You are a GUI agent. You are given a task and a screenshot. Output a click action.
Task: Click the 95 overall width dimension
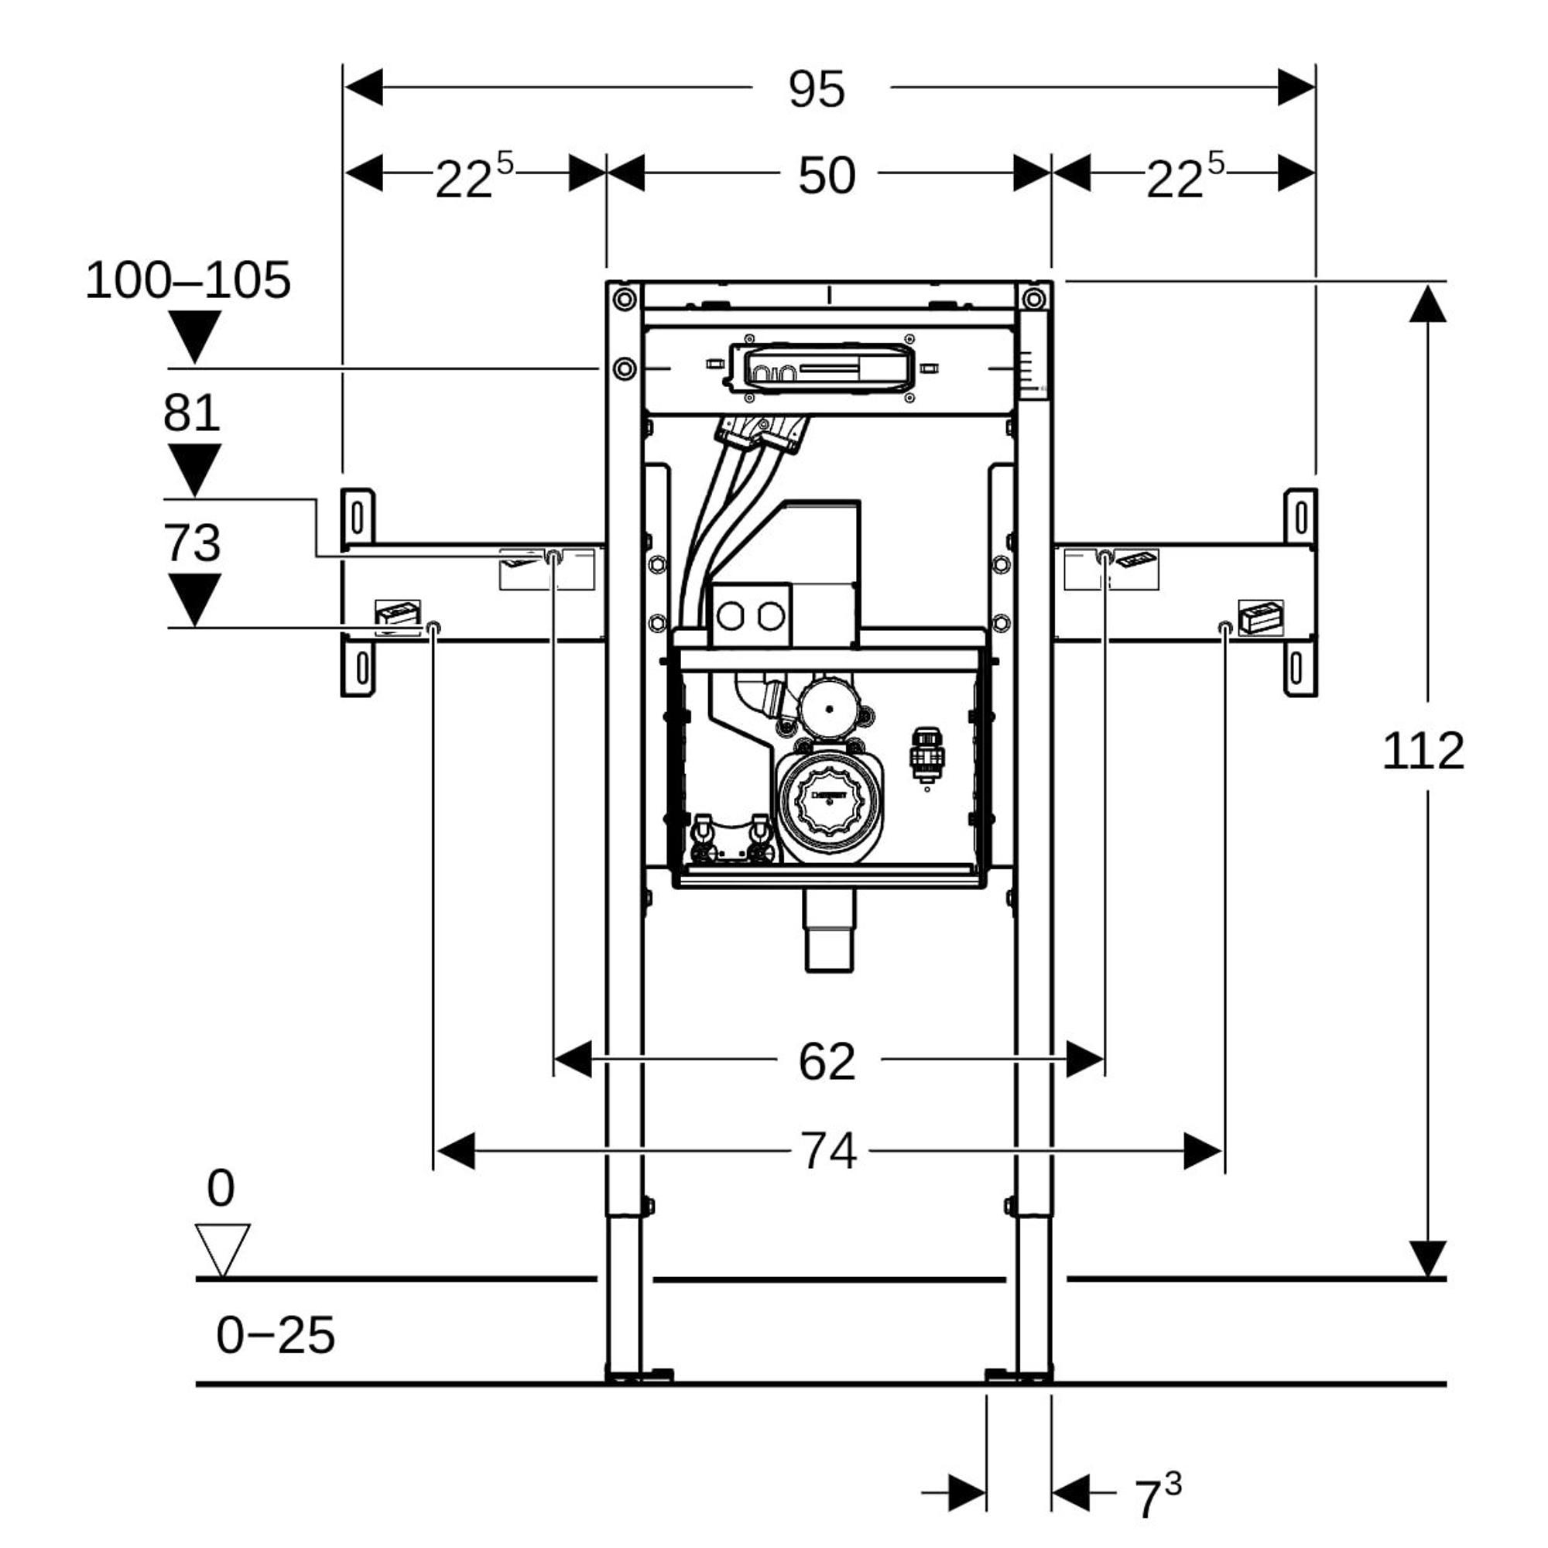coord(817,89)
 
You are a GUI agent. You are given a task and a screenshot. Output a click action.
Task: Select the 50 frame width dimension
coord(827,176)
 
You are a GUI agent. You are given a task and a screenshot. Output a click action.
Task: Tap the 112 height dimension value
coord(1423,752)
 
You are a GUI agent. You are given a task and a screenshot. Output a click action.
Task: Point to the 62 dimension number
coord(827,1062)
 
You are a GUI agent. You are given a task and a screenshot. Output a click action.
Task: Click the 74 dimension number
coord(828,1152)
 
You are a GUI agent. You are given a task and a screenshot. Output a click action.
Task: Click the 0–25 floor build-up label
coord(275,1336)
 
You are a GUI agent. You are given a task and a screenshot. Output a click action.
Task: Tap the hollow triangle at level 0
coord(222,1247)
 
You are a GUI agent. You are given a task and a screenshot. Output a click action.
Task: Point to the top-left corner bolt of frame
coord(624,300)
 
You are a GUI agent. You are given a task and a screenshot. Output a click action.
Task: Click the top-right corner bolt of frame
coord(1034,300)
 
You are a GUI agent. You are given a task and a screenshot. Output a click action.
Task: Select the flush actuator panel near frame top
coord(820,368)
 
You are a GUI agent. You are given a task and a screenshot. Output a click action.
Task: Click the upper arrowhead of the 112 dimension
coord(1427,304)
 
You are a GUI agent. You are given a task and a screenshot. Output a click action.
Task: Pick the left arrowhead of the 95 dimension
coord(363,87)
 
